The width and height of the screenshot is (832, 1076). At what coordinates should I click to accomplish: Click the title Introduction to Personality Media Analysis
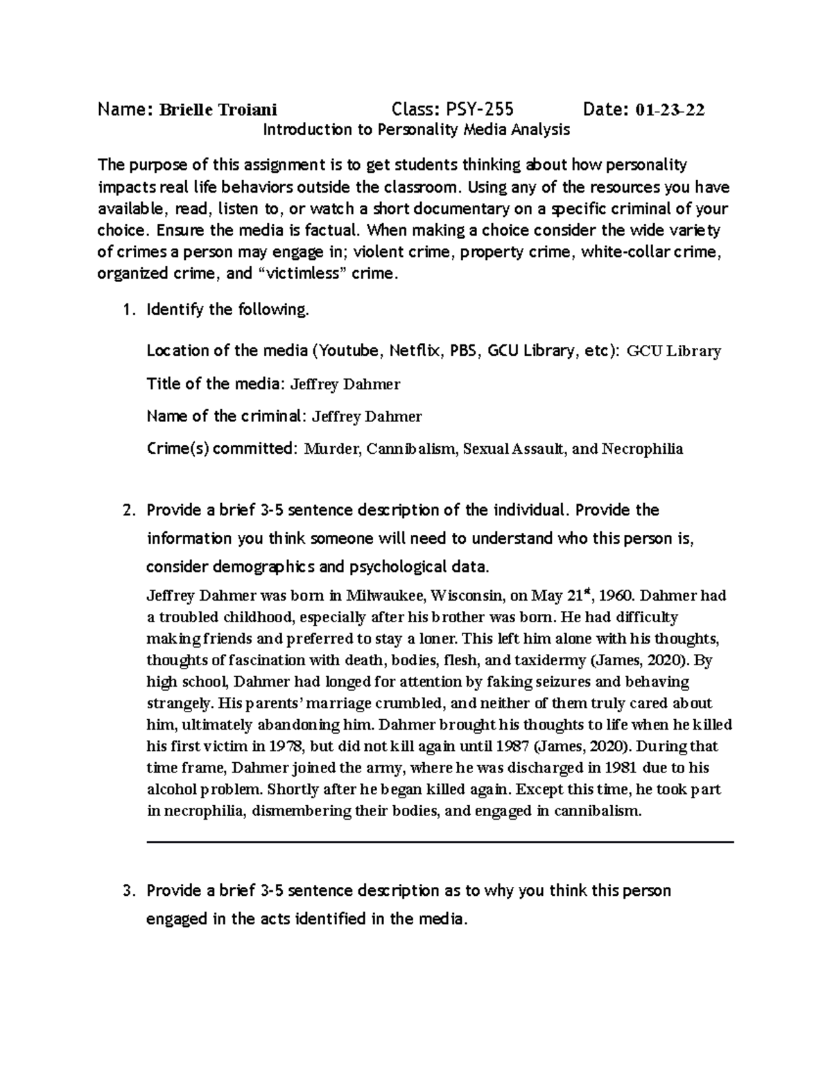point(416,130)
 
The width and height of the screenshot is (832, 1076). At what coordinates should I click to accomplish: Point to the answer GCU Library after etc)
point(674,351)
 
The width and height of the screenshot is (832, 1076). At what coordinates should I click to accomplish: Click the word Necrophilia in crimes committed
point(642,449)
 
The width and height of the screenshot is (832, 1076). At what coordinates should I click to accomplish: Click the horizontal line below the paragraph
point(440,842)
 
